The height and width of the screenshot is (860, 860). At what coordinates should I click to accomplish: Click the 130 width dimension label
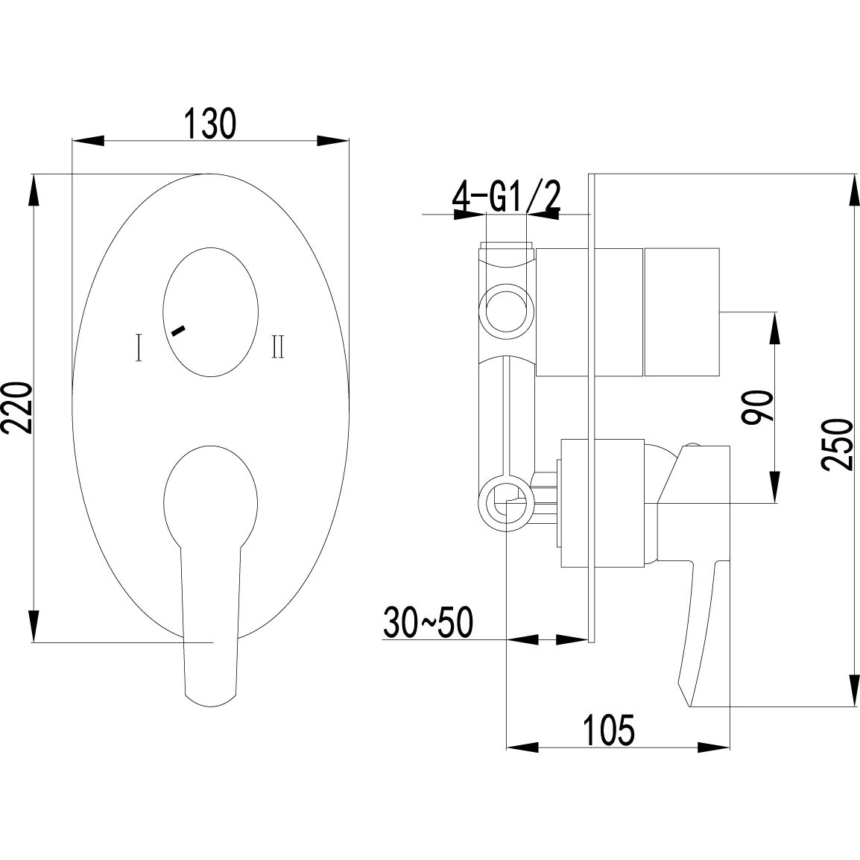(211, 123)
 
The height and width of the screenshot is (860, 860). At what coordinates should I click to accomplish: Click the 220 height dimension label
(16, 408)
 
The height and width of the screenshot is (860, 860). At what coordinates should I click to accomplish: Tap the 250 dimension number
(838, 444)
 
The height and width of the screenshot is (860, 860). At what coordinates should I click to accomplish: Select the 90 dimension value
(756, 408)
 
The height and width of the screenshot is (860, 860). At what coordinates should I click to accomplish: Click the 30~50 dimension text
(428, 623)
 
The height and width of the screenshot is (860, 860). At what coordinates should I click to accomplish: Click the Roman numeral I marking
(139, 347)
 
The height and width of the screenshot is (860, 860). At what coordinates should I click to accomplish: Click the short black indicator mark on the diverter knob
(178, 329)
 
